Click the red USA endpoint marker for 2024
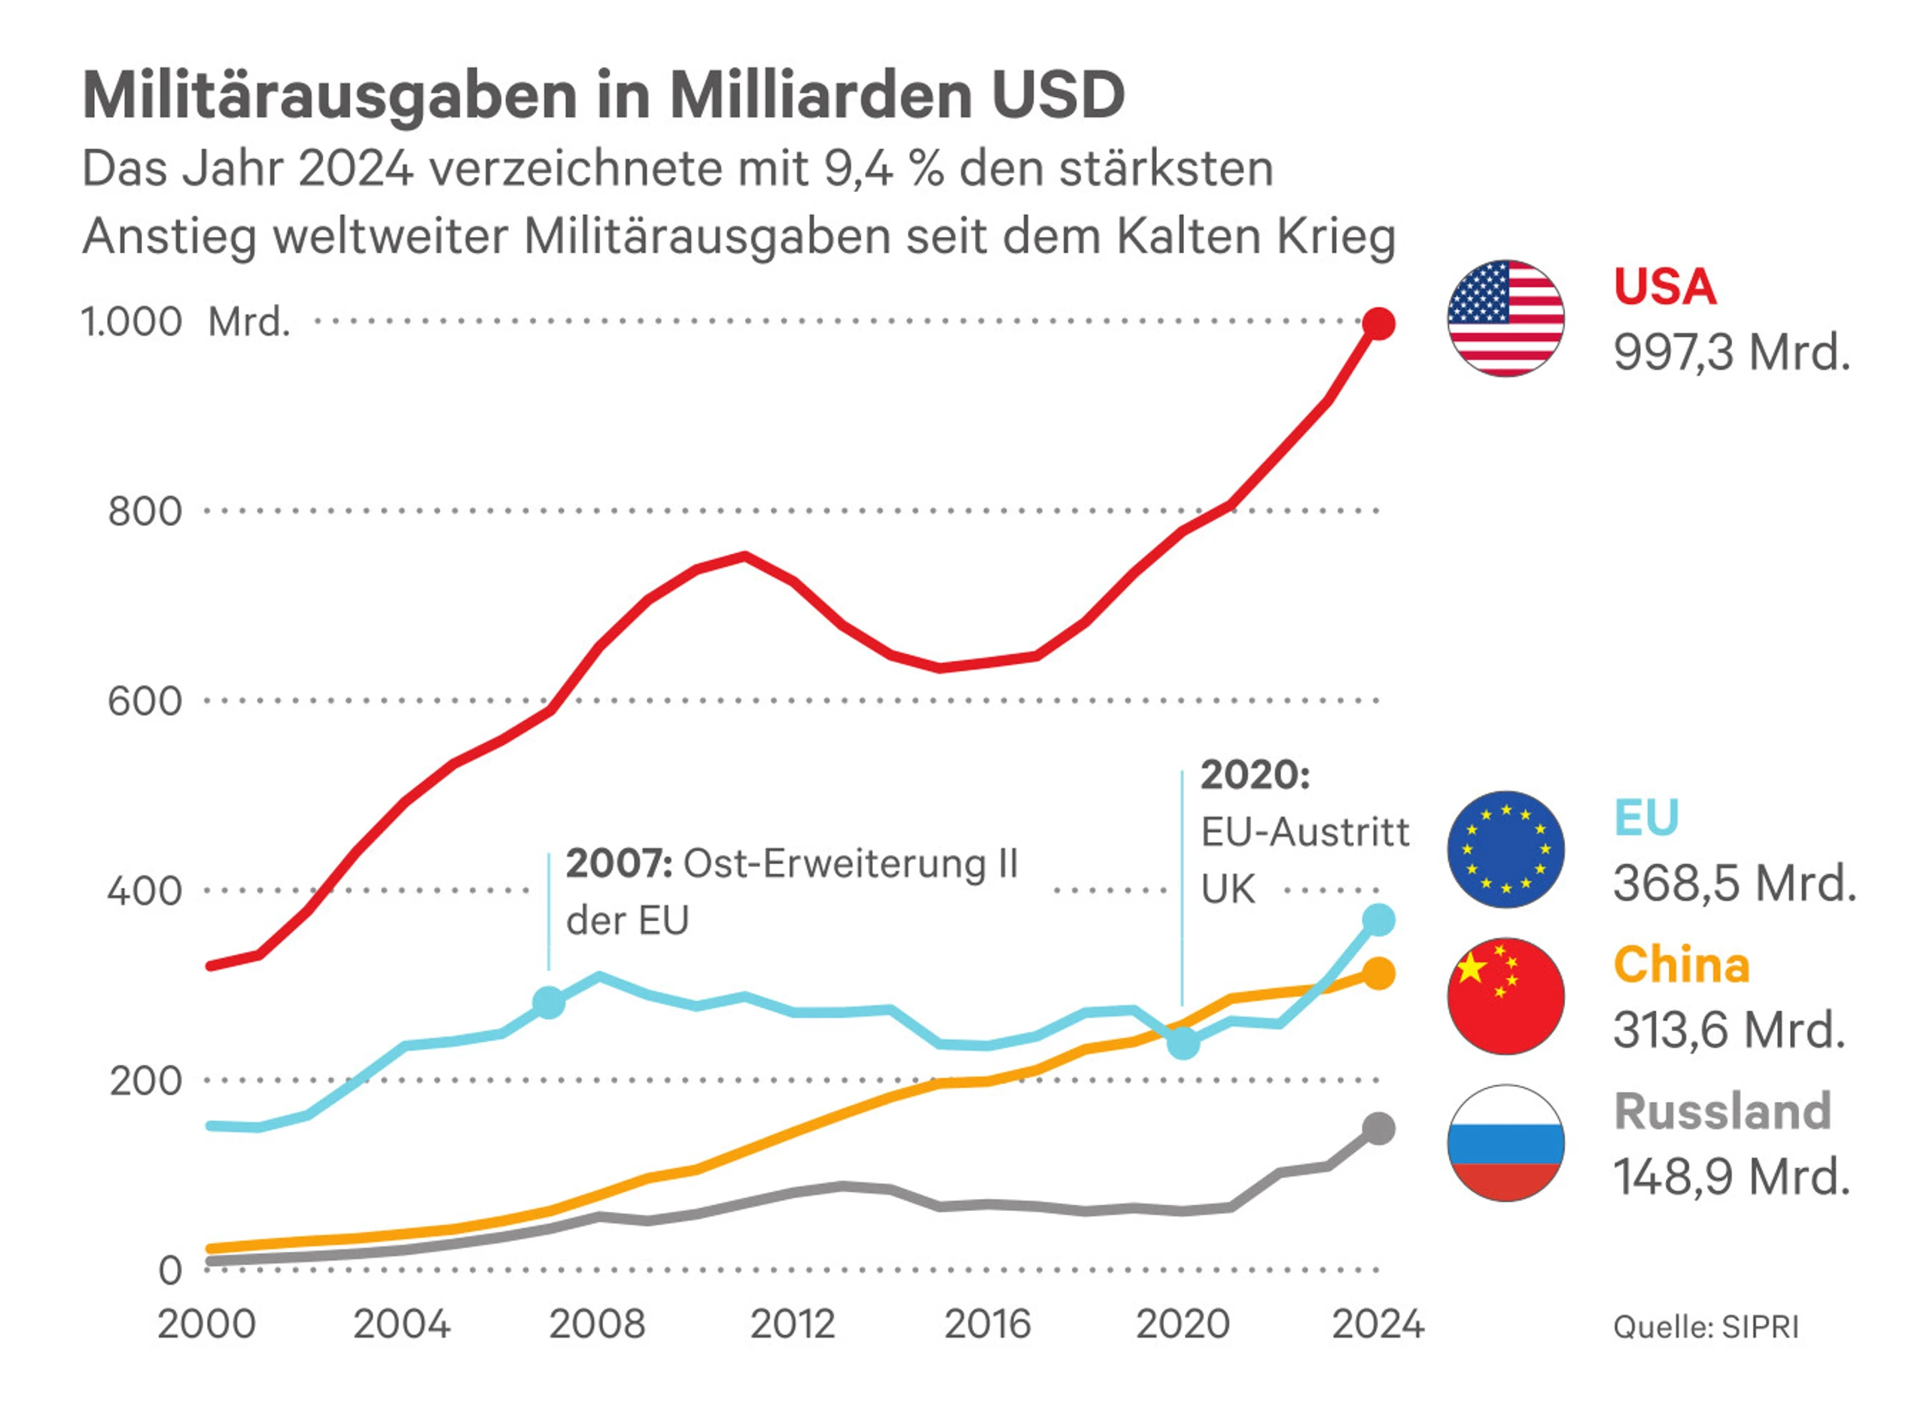coord(1378,324)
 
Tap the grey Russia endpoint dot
coord(1378,1128)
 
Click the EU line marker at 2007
coord(549,1003)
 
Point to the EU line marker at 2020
coord(1183,1043)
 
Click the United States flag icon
coord(1505,318)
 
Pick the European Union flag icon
coord(1505,849)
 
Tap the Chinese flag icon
coord(1505,996)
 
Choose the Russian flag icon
coord(1505,1143)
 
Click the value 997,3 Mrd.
coord(1731,353)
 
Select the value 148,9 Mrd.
coord(1731,1176)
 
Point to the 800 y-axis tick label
coord(145,511)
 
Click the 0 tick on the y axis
coord(170,1270)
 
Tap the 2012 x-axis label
coord(792,1324)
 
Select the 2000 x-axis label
coord(206,1324)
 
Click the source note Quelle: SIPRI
coord(1706,1327)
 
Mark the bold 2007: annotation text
coord(619,864)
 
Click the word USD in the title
coord(1058,94)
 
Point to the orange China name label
coord(1681,965)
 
